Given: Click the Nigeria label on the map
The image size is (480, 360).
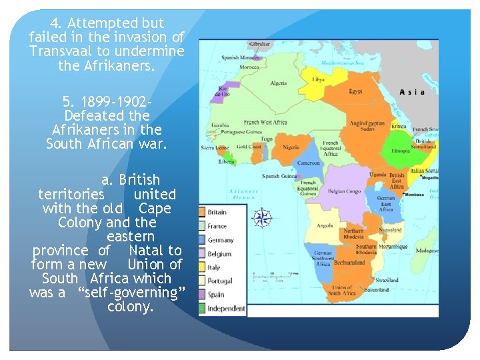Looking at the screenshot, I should click(x=291, y=147).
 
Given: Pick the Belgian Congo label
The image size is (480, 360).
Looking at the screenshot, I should click(x=345, y=191).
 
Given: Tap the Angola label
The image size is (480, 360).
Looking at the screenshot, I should click(x=325, y=226).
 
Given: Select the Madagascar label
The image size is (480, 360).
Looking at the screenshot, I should click(x=427, y=251).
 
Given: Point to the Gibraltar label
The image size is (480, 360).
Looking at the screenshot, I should click(x=259, y=44).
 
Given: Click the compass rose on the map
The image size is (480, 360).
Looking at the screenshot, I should click(x=263, y=217).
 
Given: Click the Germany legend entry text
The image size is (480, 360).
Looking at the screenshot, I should click(x=221, y=240).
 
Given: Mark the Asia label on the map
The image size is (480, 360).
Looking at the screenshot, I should click(x=411, y=92).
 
